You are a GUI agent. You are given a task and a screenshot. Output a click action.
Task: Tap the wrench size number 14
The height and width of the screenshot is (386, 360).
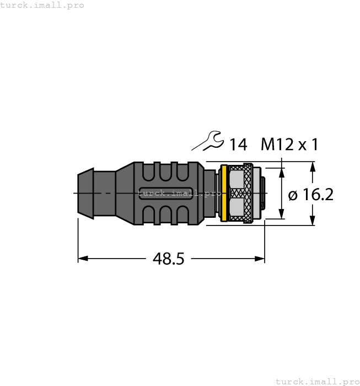click(x=238, y=145)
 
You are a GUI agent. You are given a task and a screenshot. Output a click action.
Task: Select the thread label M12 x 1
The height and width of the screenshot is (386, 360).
click(x=289, y=144)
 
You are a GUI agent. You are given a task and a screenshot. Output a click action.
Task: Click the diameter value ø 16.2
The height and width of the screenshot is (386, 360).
click(x=311, y=195)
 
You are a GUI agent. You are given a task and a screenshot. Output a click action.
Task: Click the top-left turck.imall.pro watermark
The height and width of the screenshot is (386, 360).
click(x=42, y=5)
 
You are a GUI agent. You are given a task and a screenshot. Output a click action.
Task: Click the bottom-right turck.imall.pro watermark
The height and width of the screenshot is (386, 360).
click(x=317, y=381)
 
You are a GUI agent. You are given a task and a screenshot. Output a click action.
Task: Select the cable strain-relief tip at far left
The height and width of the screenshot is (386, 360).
click(x=83, y=193)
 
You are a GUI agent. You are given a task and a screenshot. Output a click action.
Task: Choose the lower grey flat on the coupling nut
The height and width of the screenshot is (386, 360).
click(x=237, y=207)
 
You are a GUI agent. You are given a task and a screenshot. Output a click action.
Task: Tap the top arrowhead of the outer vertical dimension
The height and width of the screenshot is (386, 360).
click(x=313, y=166)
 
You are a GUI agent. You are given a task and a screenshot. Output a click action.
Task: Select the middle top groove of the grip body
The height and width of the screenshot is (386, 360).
click(x=165, y=171)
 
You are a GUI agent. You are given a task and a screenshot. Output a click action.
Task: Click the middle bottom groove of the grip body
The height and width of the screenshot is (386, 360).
click(x=165, y=215)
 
